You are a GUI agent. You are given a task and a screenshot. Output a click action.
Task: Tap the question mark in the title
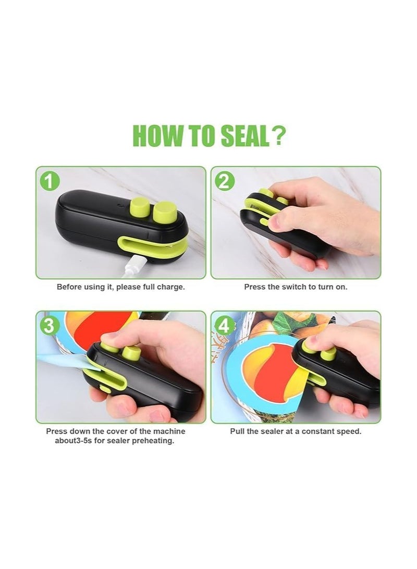(x=279, y=135)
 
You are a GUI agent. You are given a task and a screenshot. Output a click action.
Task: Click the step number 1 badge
(x=50, y=181)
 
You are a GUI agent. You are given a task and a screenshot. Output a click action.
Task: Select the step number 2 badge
(x=225, y=181)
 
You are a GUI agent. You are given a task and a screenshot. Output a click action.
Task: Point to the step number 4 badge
(x=225, y=326)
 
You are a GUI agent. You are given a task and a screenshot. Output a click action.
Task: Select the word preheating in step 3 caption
(x=155, y=441)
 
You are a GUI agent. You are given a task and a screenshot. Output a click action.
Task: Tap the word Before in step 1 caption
(x=69, y=287)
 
